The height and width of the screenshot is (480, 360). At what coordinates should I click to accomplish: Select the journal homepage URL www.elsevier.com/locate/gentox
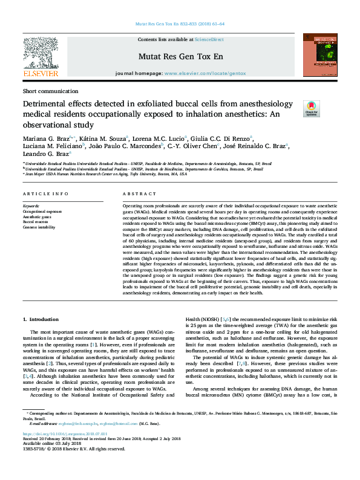(x=205, y=73)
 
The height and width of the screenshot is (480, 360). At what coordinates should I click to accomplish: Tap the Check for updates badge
(x=310, y=108)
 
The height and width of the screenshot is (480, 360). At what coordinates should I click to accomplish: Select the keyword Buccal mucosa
(x=36, y=222)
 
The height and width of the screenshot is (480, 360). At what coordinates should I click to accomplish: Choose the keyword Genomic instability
(x=39, y=227)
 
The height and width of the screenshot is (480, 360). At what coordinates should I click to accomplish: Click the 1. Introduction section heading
(x=42, y=319)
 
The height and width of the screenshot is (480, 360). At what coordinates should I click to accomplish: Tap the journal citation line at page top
(x=179, y=24)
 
